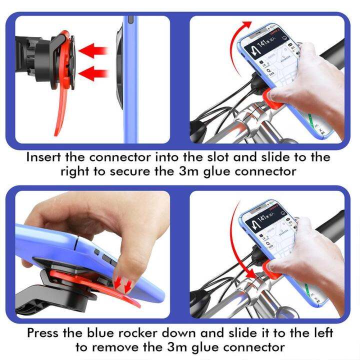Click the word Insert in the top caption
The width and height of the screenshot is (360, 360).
(x=43, y=157)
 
